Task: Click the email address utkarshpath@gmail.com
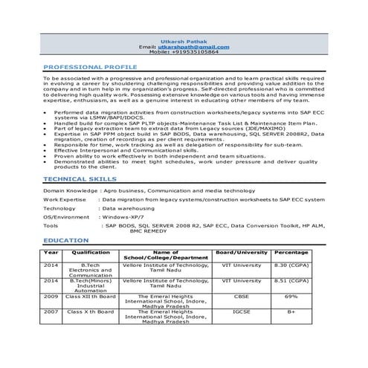click(x=195, y=47)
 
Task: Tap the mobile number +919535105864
click(x=195, y=53)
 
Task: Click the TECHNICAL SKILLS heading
click(x=79, y=179)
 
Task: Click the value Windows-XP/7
click(x=126, y=216)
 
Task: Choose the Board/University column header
click(x=241, y=253)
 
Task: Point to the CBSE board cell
click(x=241, y=297)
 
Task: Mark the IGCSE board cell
click(x=241, y=312)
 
